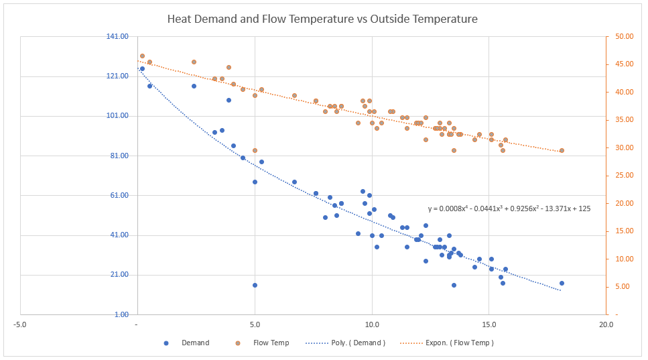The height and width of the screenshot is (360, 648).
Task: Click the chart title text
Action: tap(322, 19)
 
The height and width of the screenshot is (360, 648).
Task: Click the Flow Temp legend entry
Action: tap(262, 343)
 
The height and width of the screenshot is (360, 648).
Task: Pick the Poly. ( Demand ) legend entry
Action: tap(346, 343)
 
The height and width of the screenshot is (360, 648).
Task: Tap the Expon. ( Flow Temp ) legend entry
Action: tap(447, 343)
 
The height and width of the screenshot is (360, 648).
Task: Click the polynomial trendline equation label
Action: tap(509, 208)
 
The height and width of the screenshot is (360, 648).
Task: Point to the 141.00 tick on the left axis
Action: tap(117, 36)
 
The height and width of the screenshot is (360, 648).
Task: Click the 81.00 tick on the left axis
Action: tap(119, 156)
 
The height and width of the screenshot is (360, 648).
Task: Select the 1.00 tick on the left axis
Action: tap(121, 314)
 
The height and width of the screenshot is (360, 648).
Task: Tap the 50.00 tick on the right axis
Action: tap(624, 36)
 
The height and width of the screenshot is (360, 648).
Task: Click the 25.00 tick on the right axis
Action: tap(624, 175)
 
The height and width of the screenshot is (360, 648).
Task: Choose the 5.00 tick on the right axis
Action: tap(626, 286)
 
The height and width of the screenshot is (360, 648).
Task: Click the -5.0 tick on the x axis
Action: tap(20, 324)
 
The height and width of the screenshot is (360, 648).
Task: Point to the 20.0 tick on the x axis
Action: tap(606, 324)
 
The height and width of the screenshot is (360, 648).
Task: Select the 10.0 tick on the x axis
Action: tap(372, 324)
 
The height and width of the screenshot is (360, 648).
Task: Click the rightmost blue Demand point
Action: tap(562, 283)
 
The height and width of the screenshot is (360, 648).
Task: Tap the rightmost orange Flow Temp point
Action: tap(562, 150)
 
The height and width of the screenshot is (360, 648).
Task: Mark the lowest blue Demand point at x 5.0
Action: tap(255, 285)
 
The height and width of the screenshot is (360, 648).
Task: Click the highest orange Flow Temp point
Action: tap(142, 56)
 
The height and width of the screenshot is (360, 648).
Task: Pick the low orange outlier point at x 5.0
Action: tap(255, 150)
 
